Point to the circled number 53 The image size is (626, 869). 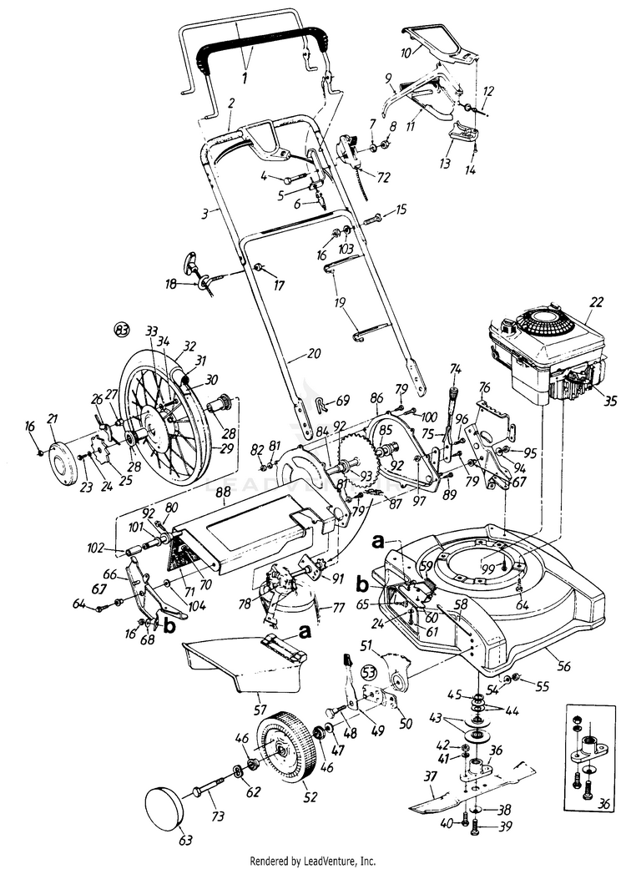[368, 671]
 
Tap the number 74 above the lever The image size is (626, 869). [455, 368]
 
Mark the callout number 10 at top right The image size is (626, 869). [406, 52]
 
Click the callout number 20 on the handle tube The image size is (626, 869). [313, 354]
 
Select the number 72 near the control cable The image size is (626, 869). [384, 177]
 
